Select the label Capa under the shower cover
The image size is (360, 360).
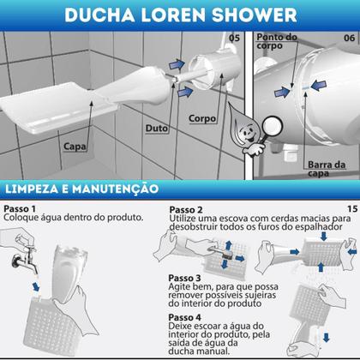click(x=75, y=147)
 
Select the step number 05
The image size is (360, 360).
click(x=234, y=37)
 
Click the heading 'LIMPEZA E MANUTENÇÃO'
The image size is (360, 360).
click(x=81, y=186)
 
